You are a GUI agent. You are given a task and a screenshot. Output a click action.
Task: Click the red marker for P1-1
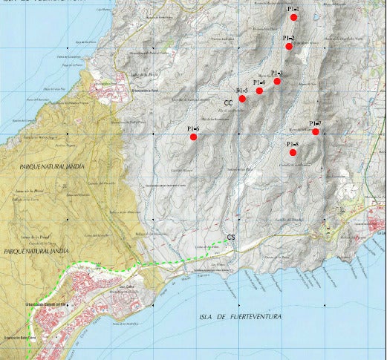294,16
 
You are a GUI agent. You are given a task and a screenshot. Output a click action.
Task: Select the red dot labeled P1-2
289,47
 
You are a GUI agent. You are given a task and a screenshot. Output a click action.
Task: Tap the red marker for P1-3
277,81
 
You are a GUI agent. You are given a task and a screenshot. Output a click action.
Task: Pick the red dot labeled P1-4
259,91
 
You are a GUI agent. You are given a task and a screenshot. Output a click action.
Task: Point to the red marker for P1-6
193,137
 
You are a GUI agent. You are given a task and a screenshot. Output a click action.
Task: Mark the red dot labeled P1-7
316,131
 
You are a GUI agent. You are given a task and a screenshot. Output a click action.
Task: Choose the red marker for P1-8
293,152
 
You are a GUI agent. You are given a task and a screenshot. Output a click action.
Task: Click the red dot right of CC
242,99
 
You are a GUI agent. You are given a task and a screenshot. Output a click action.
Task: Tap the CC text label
229,103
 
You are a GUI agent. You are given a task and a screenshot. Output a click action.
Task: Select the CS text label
231,238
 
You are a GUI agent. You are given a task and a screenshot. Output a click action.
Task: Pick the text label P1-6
193,128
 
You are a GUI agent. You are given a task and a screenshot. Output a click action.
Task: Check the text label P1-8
292,144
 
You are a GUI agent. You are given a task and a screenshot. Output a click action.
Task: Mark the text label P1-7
314,123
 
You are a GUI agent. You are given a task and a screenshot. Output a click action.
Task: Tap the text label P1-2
288,38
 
